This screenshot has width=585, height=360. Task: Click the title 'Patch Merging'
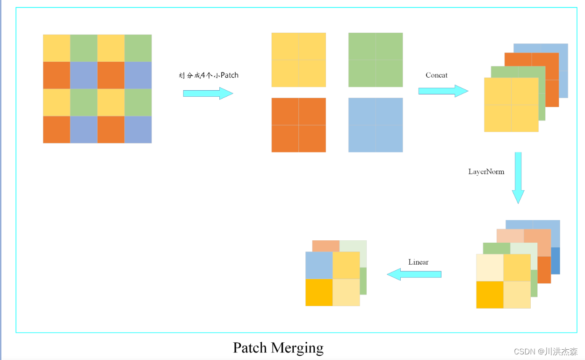click(278, 348)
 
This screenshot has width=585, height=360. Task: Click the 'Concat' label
click(436, 75)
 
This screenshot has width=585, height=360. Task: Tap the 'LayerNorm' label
click(486, 172)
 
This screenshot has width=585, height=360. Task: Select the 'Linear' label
click(418, 262)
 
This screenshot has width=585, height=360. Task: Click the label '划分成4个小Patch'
click(209, 75)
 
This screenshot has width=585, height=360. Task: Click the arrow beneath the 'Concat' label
click(443, 91)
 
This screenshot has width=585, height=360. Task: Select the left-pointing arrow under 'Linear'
click(414, 274)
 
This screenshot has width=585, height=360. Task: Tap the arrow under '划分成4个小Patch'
click(208, 93)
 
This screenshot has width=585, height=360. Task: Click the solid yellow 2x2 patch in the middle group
click(298, 60)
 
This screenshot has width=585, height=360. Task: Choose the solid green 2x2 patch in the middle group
click(375, 60)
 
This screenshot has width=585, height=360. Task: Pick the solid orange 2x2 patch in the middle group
click(298, 125)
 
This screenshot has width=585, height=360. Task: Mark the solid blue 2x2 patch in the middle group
click(375, 125)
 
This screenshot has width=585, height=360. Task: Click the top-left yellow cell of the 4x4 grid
click(57, 48)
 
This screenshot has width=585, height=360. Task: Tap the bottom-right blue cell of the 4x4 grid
click(138, 130)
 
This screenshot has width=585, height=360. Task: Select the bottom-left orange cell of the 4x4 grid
click(57, 130)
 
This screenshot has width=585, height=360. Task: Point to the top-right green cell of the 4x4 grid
click(138, 48)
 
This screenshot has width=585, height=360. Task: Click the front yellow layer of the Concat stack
click(511, 105)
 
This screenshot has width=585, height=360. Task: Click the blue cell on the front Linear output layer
click(319, 265)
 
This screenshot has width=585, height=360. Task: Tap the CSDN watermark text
click(545, 352)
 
